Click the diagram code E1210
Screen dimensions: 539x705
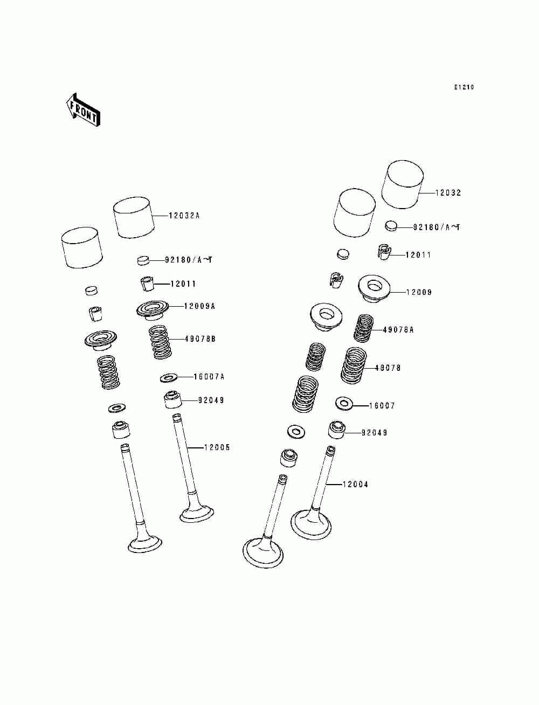point(464,87)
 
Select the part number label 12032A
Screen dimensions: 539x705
point(184,216)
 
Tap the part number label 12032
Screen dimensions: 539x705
point(448,193)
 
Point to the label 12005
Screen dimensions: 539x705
point(217,447)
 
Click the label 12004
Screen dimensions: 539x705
point(355,485)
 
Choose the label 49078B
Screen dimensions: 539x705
point(200,339)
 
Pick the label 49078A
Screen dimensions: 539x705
point(398,330)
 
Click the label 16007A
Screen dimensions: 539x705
point(209,377)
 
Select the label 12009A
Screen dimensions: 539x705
point(199,306)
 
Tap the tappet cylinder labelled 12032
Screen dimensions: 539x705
point(402,184)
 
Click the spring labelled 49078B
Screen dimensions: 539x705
point(160,342)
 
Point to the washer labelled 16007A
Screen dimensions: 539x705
point(169,377)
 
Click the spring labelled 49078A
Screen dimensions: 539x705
point(363,328)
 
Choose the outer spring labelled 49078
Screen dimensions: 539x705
point(354,366)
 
